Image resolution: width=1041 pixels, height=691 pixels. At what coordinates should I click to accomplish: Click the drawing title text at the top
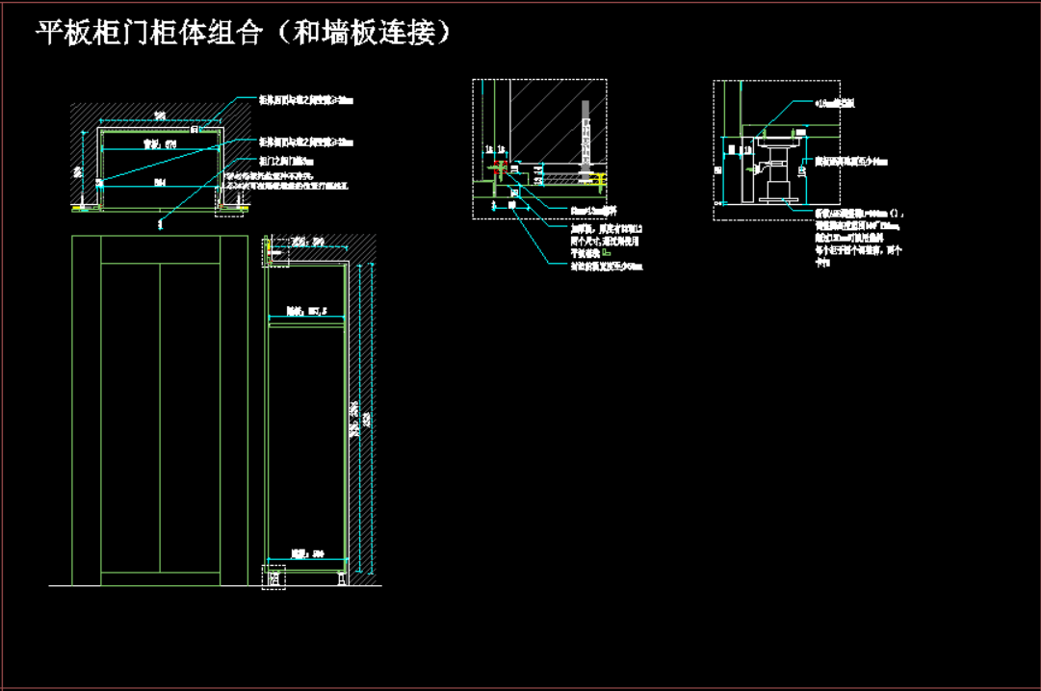(244, 34)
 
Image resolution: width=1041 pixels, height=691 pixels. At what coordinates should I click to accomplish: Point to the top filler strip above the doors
(161, 250)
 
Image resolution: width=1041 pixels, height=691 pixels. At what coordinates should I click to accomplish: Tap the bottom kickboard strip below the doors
(161, 578)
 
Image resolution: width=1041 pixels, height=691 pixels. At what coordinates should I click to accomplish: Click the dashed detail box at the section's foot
(273, 577)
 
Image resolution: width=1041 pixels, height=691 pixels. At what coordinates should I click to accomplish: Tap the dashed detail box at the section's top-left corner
(273, 248)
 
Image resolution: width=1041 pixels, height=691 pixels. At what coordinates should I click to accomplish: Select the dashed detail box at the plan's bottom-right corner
(231, 204)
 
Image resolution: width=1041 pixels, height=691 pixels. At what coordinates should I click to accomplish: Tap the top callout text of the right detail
(835, 102)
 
